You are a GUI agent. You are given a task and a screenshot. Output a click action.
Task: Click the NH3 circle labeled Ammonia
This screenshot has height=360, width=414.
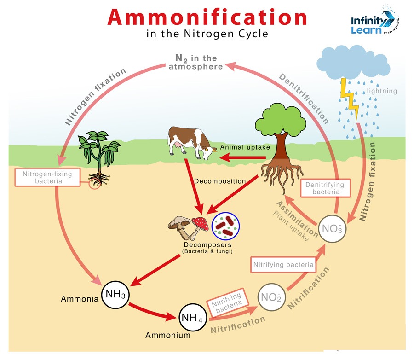click(x=115, y=294)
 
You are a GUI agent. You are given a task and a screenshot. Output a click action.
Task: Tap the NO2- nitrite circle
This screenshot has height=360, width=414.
click(x=270, y=297)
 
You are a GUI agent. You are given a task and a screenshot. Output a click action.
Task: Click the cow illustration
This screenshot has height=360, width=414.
click(x=189, y=142)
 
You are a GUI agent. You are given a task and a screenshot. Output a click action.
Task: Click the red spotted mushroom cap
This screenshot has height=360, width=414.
click(x=200, y=223)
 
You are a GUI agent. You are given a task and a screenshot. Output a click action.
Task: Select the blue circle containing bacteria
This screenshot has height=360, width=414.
click(x=225, y=225)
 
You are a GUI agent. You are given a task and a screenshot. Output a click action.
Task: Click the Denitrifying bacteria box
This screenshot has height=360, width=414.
click(x=326, y=188)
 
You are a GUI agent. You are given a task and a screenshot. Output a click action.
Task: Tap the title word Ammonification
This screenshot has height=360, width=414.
click(x=207, y=18)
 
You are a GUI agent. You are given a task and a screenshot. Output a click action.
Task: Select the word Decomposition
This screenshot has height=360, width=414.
click(x=220, y=181)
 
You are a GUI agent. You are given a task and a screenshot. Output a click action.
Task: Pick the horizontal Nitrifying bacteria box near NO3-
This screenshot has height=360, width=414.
click(x=284, y=265)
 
